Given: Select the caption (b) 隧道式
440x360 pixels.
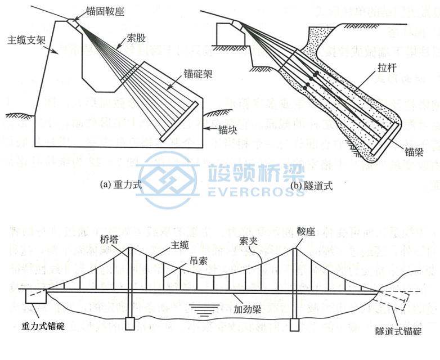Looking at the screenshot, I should coord(311,184).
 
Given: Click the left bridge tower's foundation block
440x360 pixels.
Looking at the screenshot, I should coord(130,324).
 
